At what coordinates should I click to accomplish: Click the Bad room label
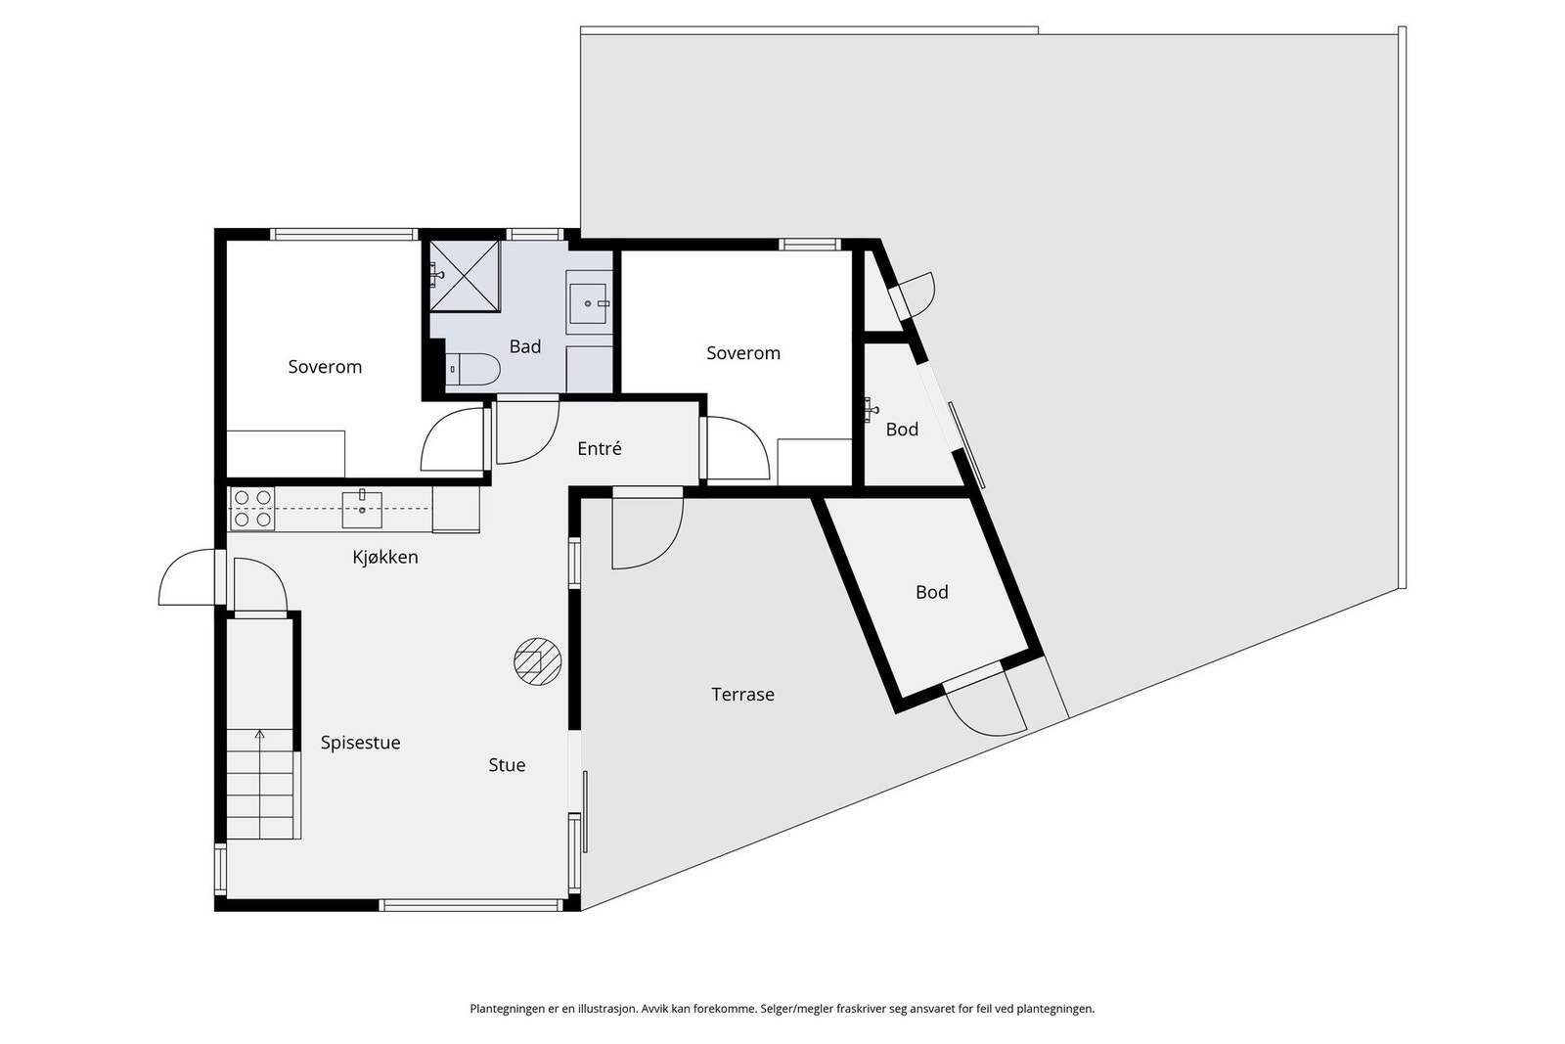tap(524, 346)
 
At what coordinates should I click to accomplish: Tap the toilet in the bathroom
tap(473, 369)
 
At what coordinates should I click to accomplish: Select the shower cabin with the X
tap(464, 276)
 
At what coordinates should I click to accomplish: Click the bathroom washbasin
tap(588, 303)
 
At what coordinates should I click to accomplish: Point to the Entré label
tap(600, 449)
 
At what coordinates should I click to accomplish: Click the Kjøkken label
tap(385, 557)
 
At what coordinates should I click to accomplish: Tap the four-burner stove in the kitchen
tap(252, 508)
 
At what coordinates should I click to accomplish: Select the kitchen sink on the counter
tap(362, 510)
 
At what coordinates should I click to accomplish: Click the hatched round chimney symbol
tap(537, 661)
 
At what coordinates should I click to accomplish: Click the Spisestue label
tap(361, 743)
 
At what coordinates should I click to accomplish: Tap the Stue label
tap(507, 765)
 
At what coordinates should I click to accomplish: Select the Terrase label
tap(742, 695)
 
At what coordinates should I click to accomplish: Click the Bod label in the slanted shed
tap(931, 593)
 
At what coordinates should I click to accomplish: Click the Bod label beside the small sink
tap(902, 430)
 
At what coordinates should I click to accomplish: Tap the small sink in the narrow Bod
tap(871, 410)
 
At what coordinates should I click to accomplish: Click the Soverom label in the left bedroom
tap(325, 367)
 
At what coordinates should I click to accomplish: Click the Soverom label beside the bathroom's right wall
tap(742, 353)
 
